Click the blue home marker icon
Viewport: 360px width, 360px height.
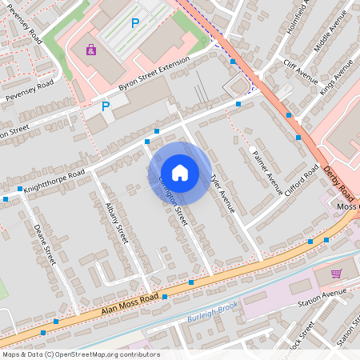point(180,172)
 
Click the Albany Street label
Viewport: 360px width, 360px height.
point(117,223)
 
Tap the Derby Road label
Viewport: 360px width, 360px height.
point(340,182)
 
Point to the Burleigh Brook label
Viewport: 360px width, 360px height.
point(213,307)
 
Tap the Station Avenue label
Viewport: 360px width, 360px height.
point(318,303)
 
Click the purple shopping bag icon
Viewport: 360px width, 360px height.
point(90,50)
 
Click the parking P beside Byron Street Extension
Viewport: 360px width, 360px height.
point(105,106)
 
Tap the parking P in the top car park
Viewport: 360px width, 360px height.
point(134,24)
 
